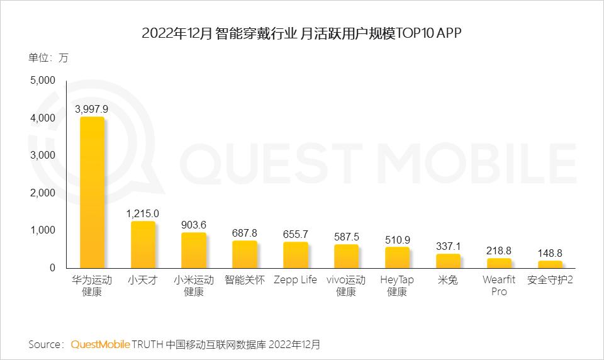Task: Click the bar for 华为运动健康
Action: [x=92, y=193]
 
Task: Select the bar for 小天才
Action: [x=143, y=245]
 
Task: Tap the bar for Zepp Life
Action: [x=295, y=255]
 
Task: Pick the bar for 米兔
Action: [x=448, y=261]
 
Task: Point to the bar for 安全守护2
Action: [x=549, y=264]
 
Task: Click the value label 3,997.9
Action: [x=92, y=109]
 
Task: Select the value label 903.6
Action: [x=193, y=225]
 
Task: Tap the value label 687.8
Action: [x=244, y=233]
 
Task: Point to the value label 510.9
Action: [x=397, y=239]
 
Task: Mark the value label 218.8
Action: [x=499, y=250]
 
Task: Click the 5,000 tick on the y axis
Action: [x=43, y=81]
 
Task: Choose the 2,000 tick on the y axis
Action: [x=43, y=193]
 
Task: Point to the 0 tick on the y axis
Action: [x=52, y=267]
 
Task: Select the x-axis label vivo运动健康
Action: [x=346, y=286]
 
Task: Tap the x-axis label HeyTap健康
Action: [x=397, y=286]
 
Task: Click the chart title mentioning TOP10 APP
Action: [x=302, y=33]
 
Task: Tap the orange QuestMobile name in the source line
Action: [x=101, y=344]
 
